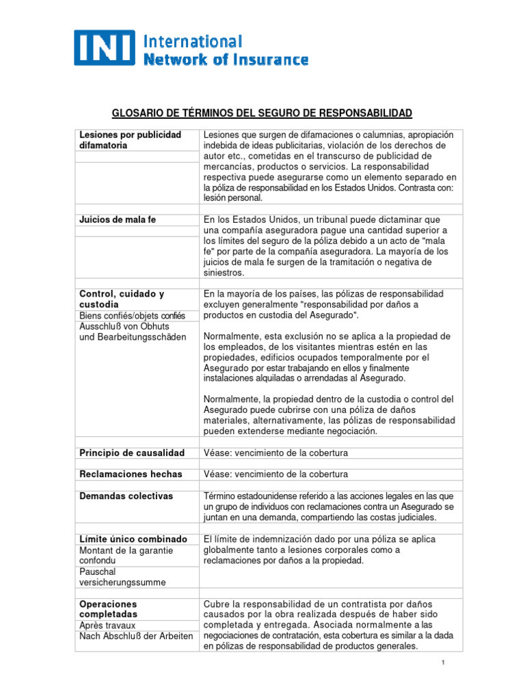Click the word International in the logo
[x=193, y=42]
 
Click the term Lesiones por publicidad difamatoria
[x=131, y=140]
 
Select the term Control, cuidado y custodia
[x=122, y=299]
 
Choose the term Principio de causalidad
[x=132, y=453]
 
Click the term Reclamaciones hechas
[x=131, y=474]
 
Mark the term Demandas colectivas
[x=126, y=496]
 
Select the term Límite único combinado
[x=133, y=539]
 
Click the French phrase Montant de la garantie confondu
[x=126, y=555]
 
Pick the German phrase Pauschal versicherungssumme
[x=122, y=576]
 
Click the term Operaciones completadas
[x=109, y=609]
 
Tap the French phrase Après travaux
[x=107, y=625]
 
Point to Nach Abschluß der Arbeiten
[x=136, y=636]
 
